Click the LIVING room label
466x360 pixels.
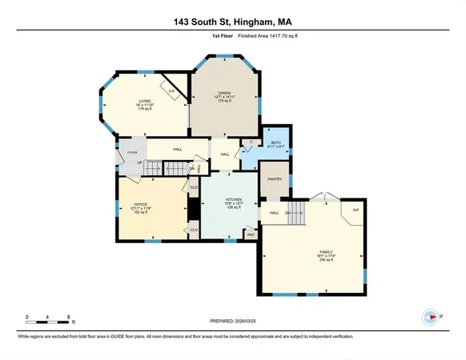144,100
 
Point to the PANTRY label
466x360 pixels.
275,180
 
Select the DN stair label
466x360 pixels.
287,212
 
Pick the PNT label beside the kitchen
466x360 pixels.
251,235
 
